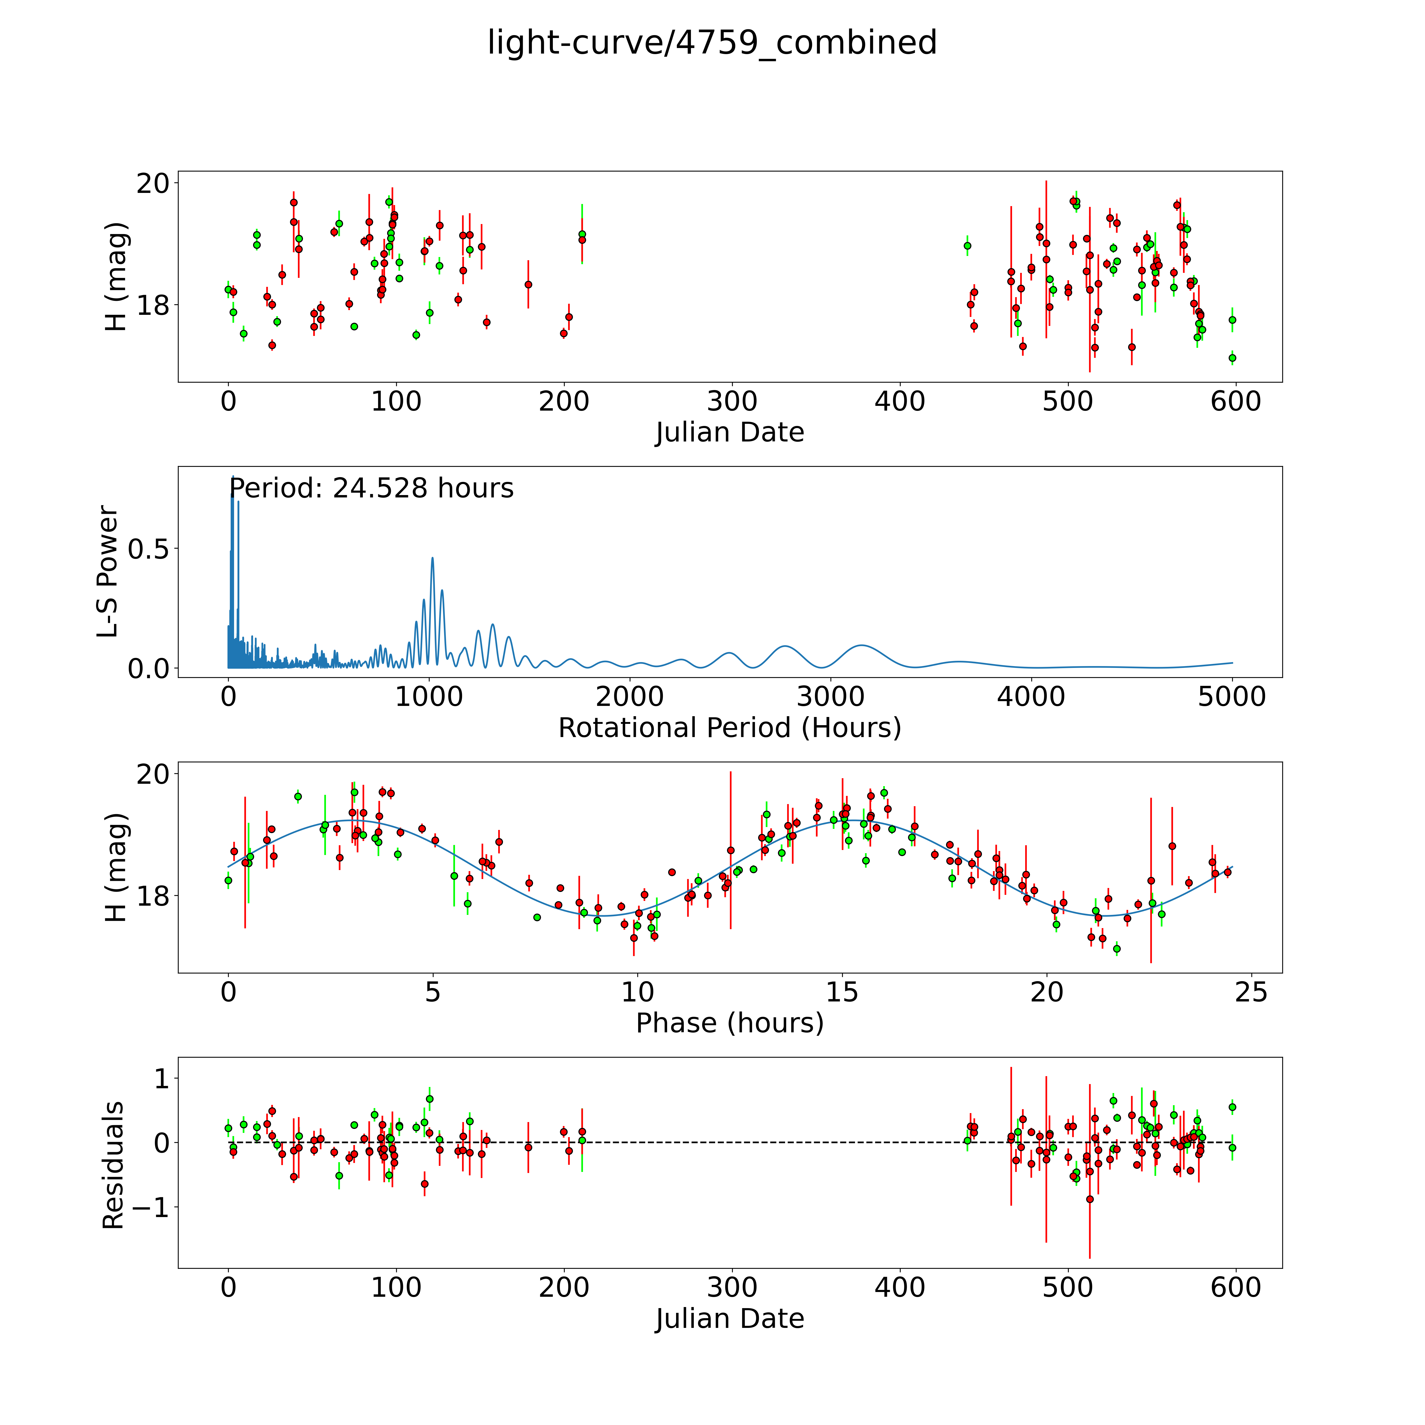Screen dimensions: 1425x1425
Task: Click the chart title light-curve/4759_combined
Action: (x=712, y=43)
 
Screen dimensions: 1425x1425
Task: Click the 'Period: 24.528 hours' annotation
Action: (x=371, y=488)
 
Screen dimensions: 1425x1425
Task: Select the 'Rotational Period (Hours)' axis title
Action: (x=729, y=728)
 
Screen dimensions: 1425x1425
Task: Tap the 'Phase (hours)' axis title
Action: (x=729, y=1023)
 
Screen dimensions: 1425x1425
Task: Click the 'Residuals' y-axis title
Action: (x=113, y=1165)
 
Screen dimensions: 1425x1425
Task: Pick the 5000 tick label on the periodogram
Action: (x=1231, y=697)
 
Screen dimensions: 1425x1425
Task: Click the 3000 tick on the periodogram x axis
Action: (x=830, y=697)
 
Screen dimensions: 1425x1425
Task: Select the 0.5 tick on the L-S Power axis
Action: (x=148, y=549)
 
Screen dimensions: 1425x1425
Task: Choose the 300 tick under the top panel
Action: (x=732, y=402)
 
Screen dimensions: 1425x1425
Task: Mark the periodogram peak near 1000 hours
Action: (x=432, y=558)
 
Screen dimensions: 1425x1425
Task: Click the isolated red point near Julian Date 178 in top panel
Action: (x=528, y=284)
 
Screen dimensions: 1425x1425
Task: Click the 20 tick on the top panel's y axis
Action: (x=153, y=183)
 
